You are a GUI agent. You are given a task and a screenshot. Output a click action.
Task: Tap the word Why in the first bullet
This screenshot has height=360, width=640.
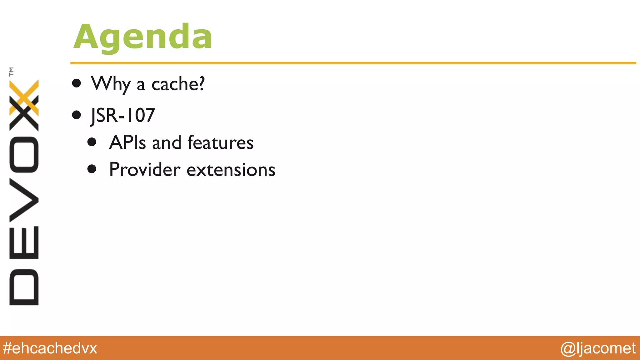coord(111,84)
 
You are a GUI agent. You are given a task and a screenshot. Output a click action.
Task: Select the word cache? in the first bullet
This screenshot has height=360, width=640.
coord(178,84)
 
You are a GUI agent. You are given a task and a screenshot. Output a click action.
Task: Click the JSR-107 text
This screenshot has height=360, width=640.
coord(123,115)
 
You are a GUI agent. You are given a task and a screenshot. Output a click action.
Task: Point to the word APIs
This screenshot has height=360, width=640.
coord(127,142)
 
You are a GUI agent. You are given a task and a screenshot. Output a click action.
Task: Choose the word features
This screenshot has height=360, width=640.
coord(220,142)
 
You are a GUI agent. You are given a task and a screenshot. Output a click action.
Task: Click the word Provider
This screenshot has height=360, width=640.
coord(145,169)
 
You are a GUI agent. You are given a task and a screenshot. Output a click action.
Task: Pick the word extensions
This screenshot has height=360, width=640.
coord(231,170)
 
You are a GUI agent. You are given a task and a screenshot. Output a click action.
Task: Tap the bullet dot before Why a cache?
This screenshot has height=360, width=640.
coord(77,83)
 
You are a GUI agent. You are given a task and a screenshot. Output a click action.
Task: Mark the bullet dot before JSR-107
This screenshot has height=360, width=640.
coord(77,115)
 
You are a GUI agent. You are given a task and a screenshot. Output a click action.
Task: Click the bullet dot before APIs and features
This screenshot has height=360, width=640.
coord(92,142)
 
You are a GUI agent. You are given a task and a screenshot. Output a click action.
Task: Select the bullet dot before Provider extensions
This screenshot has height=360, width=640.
coord(92,169)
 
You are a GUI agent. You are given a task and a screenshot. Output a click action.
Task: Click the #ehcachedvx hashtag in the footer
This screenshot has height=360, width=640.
coord(50,348)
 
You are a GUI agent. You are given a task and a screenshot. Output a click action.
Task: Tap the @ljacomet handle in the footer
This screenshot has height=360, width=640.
coord(598,348)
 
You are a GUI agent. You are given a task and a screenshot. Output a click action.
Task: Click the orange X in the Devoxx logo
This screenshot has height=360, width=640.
coord(24,97)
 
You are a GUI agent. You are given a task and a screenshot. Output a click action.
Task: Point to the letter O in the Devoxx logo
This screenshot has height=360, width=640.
coord(24,154)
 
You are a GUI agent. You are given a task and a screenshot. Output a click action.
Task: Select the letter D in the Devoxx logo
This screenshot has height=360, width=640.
coord(24,287)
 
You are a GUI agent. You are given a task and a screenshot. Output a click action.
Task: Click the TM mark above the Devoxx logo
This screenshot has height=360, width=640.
coord(12,72)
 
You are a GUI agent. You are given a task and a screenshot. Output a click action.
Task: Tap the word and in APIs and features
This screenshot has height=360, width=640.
coord(167,142)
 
